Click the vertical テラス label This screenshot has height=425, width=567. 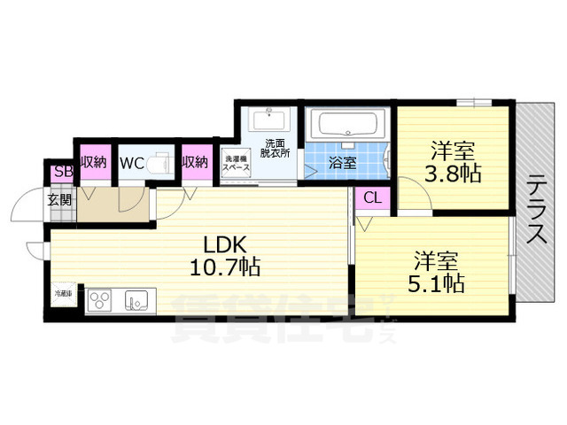(537, 210)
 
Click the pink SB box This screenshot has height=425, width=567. (63, 172)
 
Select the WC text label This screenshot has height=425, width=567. (132, 163)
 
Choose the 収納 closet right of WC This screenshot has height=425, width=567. (195, 162)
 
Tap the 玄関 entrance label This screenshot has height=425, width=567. (60, 198)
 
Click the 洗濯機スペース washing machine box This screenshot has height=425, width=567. (235, 161)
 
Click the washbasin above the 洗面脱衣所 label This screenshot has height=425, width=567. (268, 119)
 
